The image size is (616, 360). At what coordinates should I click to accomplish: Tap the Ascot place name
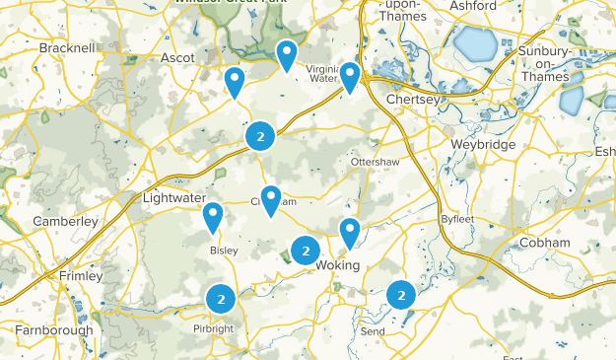pyautogui.click(x=177, y=58)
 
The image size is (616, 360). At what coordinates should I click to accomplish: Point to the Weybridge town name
pyautogui.click(x=455, y=145)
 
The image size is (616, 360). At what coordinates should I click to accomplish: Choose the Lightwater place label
pyautogui.click(x=171, y=198)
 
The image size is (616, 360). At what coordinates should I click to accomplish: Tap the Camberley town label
pyautogui.click(x=66, y=222)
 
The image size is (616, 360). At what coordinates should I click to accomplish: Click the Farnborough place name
pyautogui.click(x=54, y=330)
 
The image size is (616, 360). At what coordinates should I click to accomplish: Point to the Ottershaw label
pyautogui.click(x=374, y=162)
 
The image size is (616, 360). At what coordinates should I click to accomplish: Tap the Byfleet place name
pyautogui.click(x=457, y=219)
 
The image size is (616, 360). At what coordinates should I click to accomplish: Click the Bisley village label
pyautogui.click(x=224, y=251)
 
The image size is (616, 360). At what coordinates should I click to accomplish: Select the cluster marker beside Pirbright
pyautogui.click(x=221, y=297)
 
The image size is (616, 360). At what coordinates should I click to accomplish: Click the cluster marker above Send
pyautogui.click(x=401, y=294)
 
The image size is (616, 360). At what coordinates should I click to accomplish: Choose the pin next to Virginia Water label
pyautogui.click(x=349, y=75)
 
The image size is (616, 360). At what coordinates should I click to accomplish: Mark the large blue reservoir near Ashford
pyautogui.click(x=475, y=44)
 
